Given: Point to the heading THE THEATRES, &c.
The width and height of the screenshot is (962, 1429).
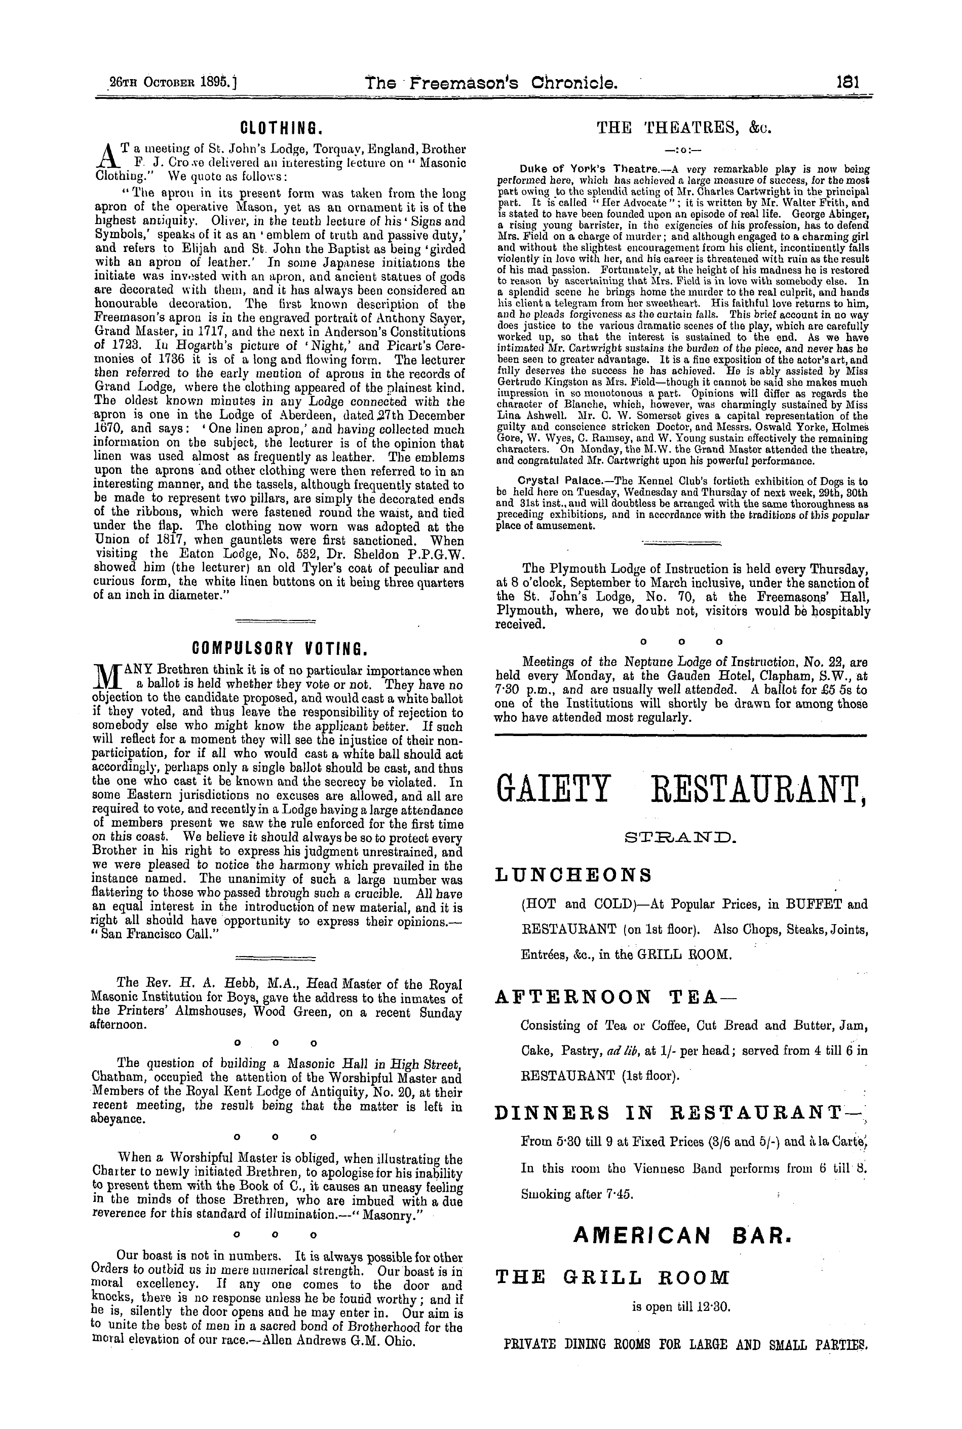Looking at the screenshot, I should click(683, 128).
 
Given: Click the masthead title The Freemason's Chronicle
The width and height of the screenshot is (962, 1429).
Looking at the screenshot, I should click(491, 82).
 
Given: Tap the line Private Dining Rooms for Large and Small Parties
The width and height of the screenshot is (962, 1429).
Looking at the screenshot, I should click(686, 1345).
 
